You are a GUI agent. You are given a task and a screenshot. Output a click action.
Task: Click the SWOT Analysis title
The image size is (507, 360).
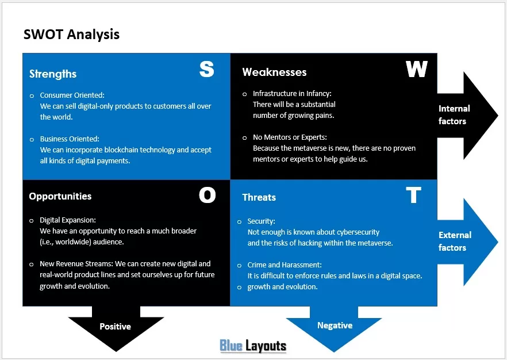pos(71,35)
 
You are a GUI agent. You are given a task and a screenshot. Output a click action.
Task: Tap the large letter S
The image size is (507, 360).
pos(206,69)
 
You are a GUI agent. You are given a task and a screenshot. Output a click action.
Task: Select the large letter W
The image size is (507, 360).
pos(416,69)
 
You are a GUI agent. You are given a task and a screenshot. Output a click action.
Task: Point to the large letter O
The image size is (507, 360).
pos(208,195)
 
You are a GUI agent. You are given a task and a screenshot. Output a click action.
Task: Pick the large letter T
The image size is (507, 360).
pos(413,195)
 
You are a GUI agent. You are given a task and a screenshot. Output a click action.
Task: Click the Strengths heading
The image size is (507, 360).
pos(53,74)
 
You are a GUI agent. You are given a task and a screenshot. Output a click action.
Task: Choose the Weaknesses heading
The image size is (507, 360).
pos(274,72)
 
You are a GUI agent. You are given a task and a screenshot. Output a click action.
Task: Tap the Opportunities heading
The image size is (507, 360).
pos(60,196)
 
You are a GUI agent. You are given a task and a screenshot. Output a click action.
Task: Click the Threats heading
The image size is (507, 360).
pos(259,197)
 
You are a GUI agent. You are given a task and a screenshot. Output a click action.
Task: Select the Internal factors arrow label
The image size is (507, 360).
pos(454,115)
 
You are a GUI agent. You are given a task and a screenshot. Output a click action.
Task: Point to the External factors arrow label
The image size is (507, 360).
pos(455,242)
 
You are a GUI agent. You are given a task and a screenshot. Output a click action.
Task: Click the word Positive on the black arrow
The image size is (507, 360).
pos(115,327)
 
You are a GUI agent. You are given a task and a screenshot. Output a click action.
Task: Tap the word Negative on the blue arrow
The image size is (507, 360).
pos(335,325)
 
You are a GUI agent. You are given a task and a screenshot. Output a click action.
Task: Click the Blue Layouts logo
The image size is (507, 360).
pos(253,346)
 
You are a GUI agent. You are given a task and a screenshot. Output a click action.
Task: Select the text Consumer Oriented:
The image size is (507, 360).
pos(72,95)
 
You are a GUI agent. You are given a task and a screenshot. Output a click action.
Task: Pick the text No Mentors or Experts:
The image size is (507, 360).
pos(290,137)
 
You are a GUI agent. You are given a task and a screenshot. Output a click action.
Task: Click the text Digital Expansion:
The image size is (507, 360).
pos(68,220)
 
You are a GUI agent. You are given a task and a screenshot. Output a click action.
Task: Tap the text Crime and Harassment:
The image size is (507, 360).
pos(285,265)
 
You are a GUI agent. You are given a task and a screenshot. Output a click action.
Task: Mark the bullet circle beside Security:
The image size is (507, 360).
pos(239,222)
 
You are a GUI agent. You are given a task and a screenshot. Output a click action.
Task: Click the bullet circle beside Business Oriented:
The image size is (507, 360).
pos(32,140)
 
